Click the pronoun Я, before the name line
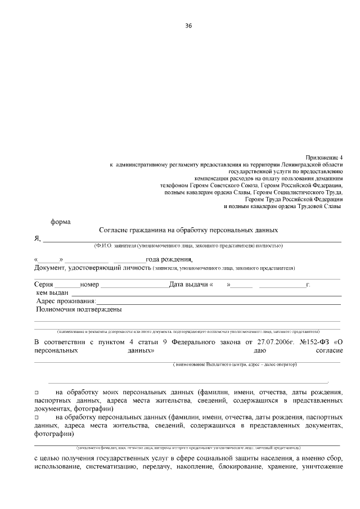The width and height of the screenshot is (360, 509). (38, 238)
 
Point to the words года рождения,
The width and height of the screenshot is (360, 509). (169, 259)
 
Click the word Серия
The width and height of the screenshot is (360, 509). (44, 284)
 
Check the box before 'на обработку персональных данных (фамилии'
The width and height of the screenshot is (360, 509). (37, 419)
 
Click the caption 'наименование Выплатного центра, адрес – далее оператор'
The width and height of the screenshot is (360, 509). (235, 364)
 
